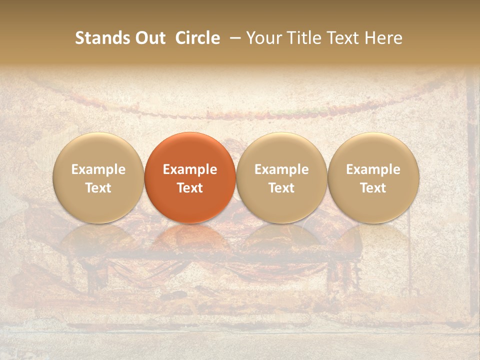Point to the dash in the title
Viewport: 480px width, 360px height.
[235, 38]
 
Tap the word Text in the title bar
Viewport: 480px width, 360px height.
[343, 38]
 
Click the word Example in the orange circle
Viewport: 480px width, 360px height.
[190, 169]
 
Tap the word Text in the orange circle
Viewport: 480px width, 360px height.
[190, 188]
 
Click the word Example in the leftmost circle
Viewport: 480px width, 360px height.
[98, 169]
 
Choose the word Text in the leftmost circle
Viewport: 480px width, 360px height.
[98, 188]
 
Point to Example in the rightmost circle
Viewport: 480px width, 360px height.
[373, 169]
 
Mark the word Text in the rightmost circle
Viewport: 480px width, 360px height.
[373, 188]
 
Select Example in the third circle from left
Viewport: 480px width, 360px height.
[281, 169]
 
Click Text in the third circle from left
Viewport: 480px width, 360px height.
[281, 188]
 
